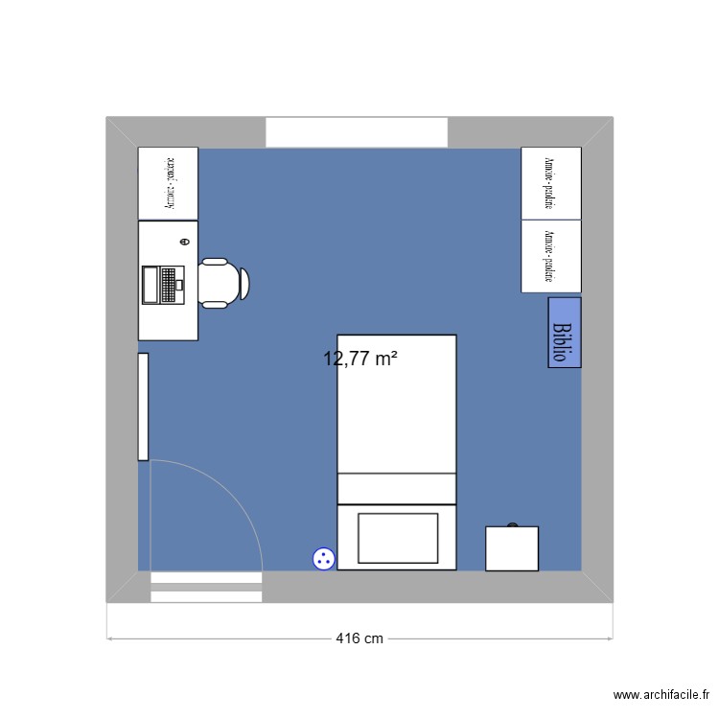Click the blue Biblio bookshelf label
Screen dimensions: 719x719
[565, 332]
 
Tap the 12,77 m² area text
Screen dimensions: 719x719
[360, 359]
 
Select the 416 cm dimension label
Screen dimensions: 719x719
[359, 638]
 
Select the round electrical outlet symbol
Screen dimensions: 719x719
[324, 558]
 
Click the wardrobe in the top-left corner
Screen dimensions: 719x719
[168, 182]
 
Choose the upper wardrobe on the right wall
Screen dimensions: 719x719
[550, 182]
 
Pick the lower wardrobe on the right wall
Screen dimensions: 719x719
[550, 255]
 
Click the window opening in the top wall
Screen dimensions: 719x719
[357, 132]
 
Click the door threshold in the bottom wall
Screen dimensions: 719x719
[206, 587]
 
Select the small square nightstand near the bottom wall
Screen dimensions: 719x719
[511, 547]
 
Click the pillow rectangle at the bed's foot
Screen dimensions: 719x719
[397, 538]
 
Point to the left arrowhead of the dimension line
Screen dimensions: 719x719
[109, 638]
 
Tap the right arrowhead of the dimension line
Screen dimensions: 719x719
[610, 638]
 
